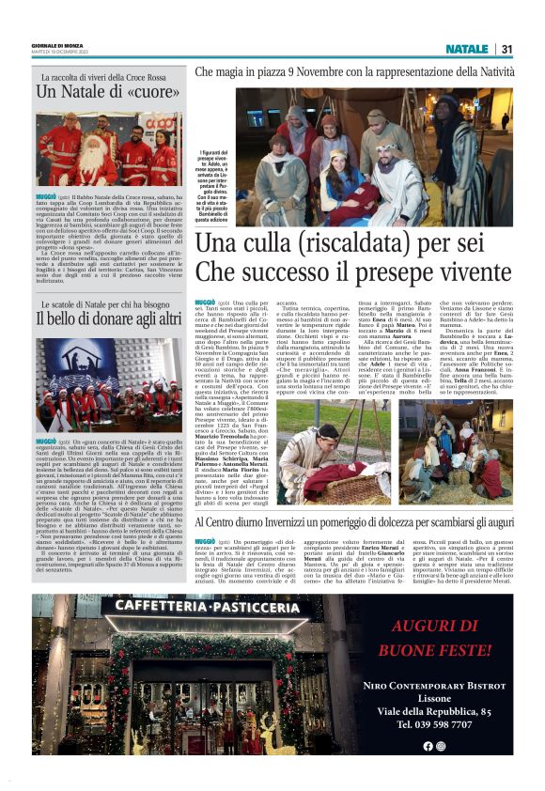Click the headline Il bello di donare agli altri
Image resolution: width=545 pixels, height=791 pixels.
coord(108,318)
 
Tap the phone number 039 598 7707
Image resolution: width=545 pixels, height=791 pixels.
coord(433,724)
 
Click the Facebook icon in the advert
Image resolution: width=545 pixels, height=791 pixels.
coord(427,746)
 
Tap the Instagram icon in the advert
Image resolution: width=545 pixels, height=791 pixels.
coord(441,746)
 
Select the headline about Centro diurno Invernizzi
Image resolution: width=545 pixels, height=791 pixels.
coord(353,522)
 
